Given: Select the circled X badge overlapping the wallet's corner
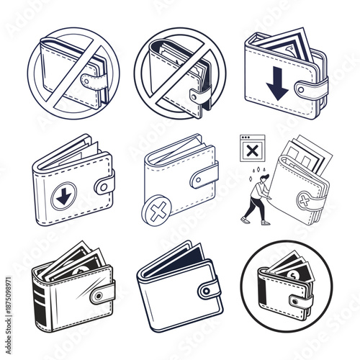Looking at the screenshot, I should tap(156, 212).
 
